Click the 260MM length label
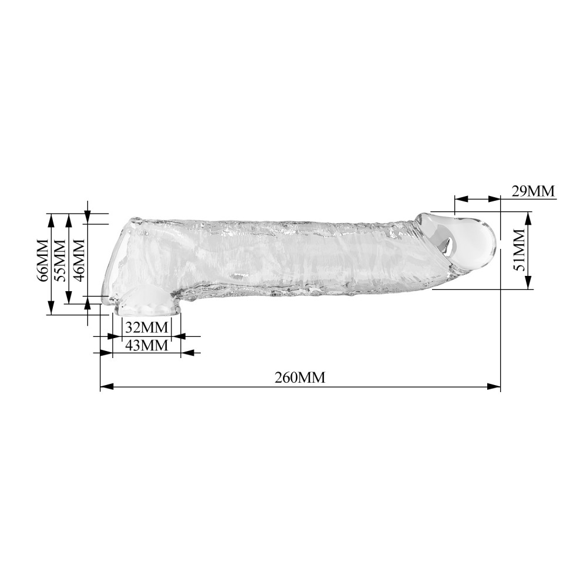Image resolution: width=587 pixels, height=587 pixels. pos(300,377)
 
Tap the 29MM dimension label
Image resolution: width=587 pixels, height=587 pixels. pos(532,191)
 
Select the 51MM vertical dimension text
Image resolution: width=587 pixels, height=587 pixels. pos(519,251)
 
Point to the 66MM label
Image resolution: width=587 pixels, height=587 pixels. pos(42,260)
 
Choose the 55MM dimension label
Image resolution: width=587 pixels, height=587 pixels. pos(59,260)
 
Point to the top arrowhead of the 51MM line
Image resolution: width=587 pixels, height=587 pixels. pos(527,217)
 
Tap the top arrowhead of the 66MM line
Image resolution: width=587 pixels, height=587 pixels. pos(51,218)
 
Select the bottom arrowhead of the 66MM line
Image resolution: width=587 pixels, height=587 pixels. pos(51,309)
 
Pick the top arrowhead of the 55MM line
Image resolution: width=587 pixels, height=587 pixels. pos(69,218)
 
